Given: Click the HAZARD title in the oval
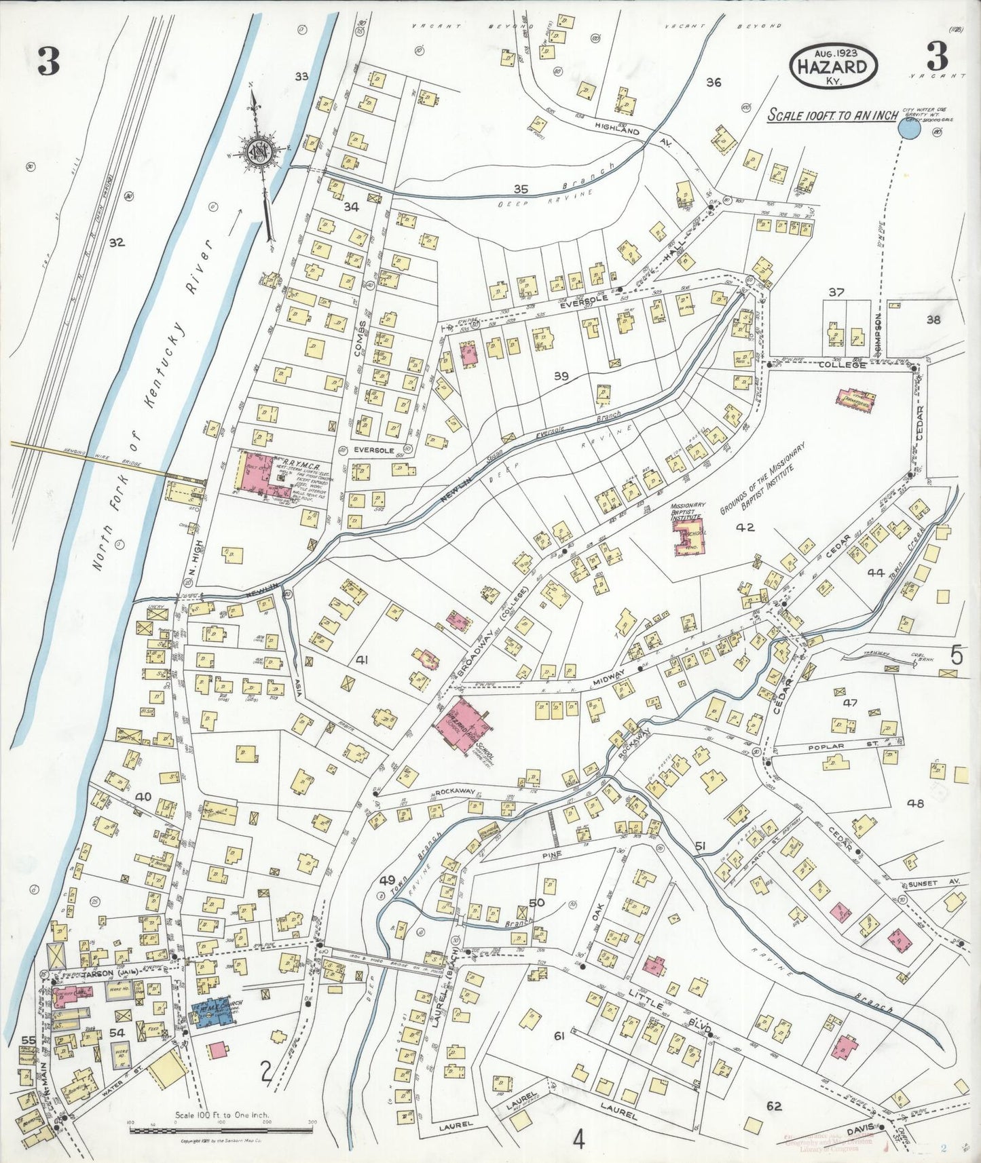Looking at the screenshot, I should point(833,66).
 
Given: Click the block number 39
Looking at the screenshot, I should point(560,376).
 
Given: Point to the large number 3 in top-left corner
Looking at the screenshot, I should point(49,63).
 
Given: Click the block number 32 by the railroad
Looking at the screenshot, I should point(117,242).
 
